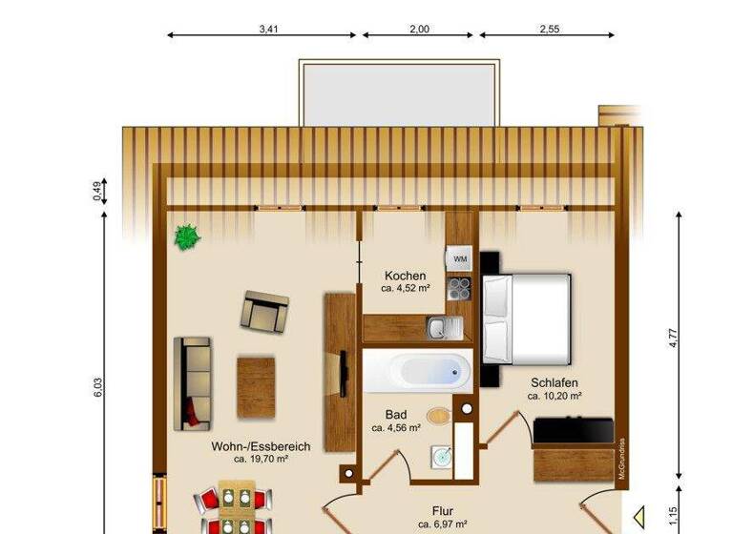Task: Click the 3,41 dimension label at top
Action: [268, 29]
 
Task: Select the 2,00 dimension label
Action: [419, 29]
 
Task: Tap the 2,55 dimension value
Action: [549, 29]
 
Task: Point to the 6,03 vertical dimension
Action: [97, 388]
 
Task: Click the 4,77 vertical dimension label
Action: [673, 339]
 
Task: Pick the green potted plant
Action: [187, 236]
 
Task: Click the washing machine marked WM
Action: [460, 259]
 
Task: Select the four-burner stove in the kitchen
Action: [460, 287]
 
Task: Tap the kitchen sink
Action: [444, 329]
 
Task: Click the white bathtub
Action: [417, 370]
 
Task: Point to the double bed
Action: [527, 318]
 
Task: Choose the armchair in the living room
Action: [264, 310]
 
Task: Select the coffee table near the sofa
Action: [256, 386]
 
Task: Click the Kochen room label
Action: [405, 276]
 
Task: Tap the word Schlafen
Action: [555, 382]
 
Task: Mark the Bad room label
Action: [396, 415]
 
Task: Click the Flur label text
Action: [442, 510]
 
